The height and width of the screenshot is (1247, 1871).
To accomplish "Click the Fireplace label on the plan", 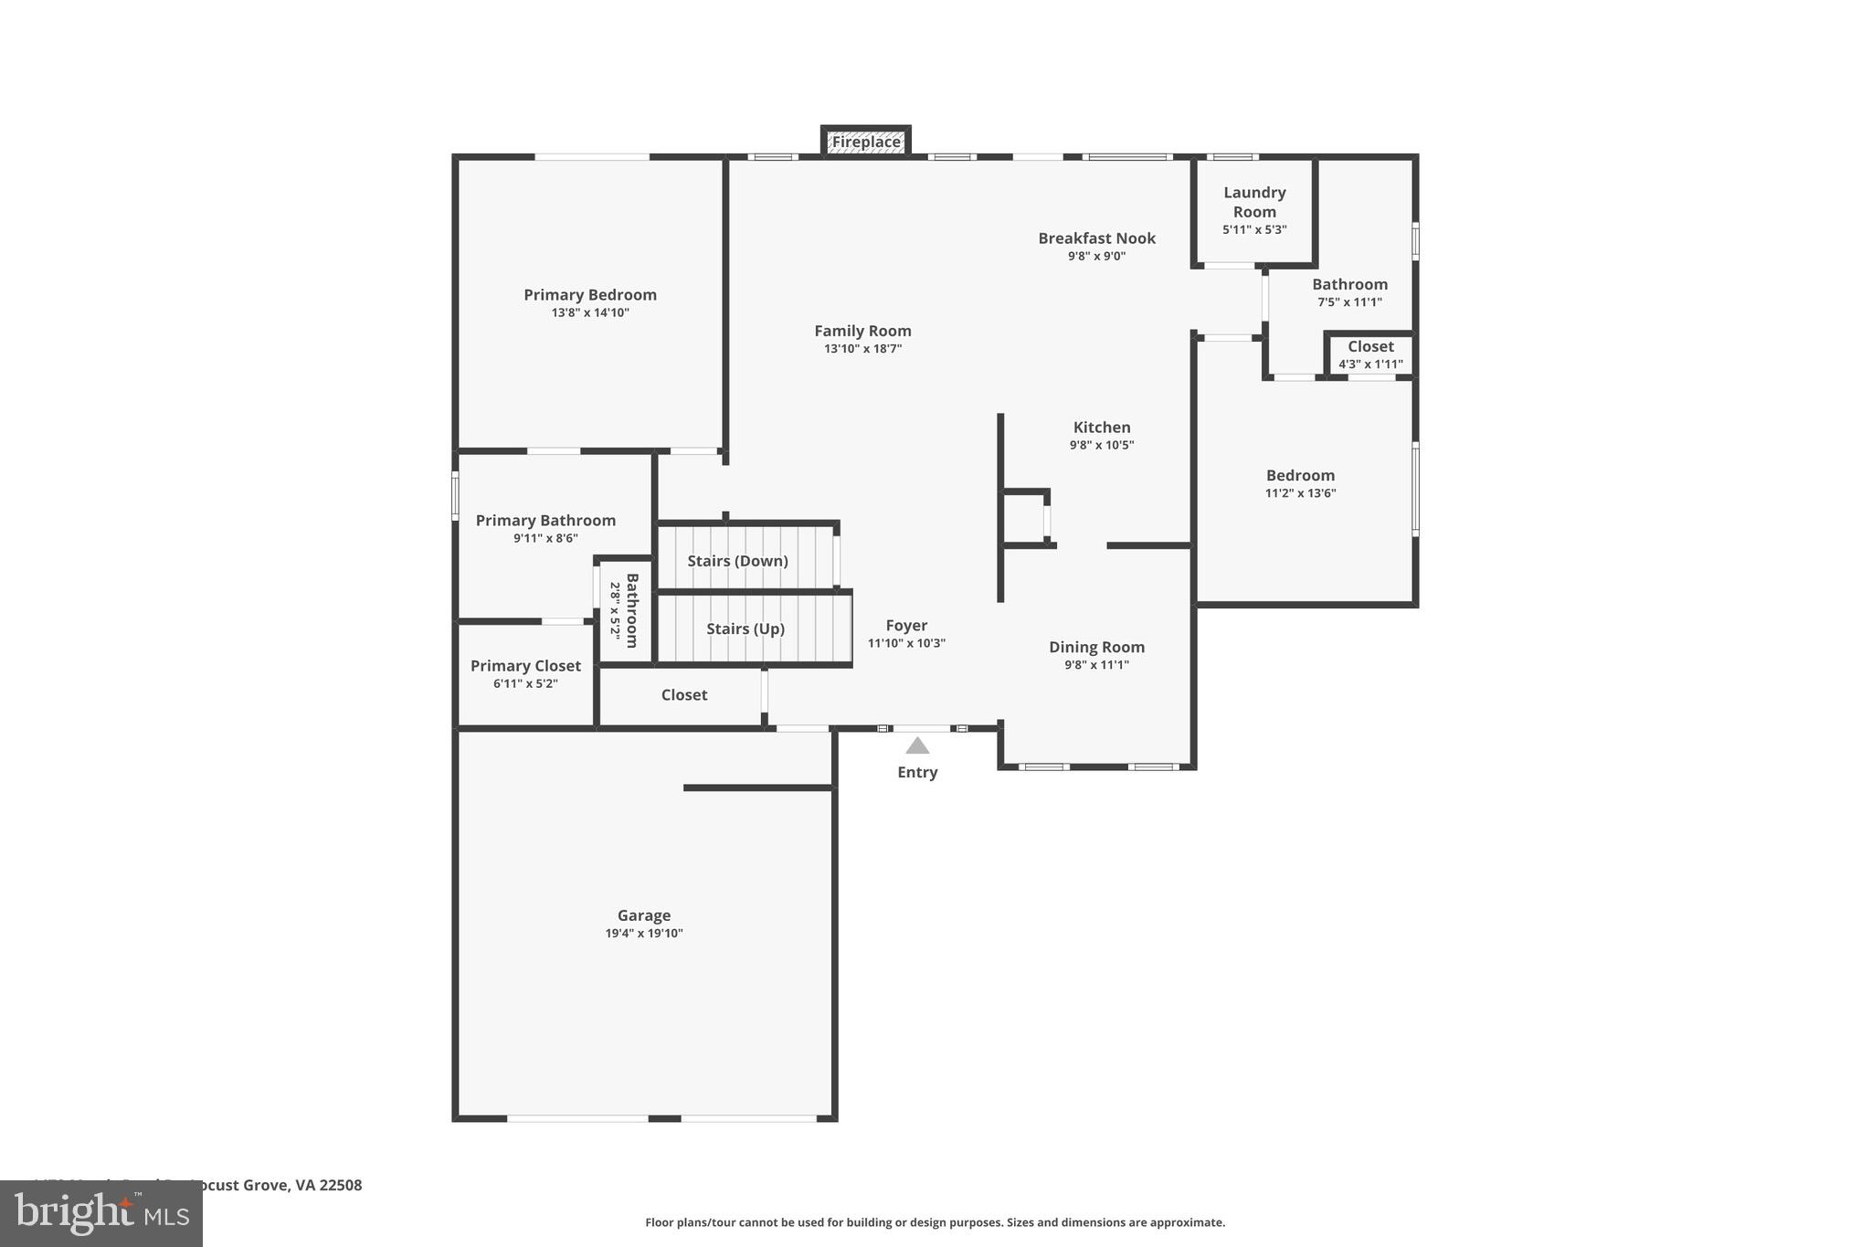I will pos(865,143).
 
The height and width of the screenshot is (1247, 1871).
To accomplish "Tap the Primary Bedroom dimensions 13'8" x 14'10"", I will pos(590,312).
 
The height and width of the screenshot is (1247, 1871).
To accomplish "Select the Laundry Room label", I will pos(1254,202).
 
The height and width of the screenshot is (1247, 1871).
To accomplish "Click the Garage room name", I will pos(644,915).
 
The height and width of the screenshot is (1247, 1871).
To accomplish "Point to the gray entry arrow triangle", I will pos(917,746).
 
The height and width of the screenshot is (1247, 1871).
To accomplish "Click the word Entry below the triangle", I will pos(917,772).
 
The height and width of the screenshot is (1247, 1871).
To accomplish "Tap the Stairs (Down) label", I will pos(737,561).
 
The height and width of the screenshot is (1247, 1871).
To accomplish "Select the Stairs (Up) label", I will pos(745,629).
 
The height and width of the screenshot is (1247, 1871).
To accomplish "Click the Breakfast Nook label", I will pos(1096,238).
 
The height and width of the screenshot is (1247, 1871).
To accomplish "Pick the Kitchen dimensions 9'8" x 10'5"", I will pos(1102,445).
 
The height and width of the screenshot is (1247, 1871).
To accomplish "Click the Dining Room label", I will pos(1096,647).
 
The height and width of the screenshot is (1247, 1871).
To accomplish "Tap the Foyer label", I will pos(906,626).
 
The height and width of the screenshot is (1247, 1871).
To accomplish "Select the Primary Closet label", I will pos(525,666).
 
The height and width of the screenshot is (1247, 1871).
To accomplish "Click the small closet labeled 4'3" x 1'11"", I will pos(1370,354).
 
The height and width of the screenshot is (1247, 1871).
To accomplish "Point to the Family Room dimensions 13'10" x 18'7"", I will pos(862,349).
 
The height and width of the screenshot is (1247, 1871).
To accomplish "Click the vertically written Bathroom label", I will pos(631,610).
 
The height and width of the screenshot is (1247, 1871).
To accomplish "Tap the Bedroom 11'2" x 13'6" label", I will pos(1300,475).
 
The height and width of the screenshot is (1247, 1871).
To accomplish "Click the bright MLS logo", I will pos(100,1214).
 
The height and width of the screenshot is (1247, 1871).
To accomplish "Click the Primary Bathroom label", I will pos(545,521).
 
